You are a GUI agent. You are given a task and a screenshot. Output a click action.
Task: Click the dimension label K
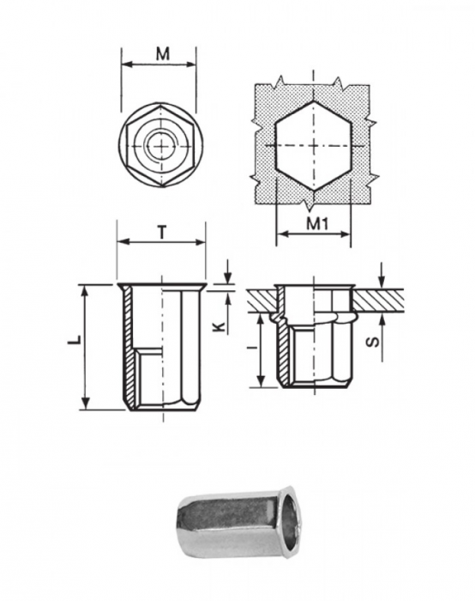click(x=219, y=327)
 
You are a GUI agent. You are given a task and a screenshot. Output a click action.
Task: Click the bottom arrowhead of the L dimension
click(x=86, y=405)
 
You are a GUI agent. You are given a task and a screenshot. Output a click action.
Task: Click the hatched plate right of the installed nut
click(x=377, y=300)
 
